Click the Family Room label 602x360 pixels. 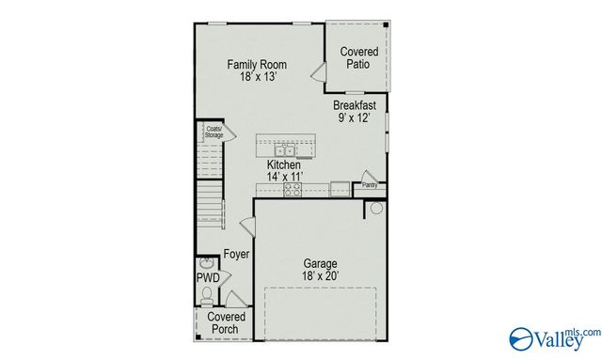257,65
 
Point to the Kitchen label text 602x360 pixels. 283,164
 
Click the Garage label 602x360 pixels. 320,263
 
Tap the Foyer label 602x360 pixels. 236,255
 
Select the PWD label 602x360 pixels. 207,278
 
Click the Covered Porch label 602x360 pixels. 226,323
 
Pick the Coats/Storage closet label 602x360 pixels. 214,133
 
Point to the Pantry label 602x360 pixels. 369,185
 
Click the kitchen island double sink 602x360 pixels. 284,149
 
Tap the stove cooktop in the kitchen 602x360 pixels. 292,188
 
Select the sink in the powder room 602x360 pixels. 207,262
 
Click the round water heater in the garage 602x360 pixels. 375,209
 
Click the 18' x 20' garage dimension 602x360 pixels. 320,276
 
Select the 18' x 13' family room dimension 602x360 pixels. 257,78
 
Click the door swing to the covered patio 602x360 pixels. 319,73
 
